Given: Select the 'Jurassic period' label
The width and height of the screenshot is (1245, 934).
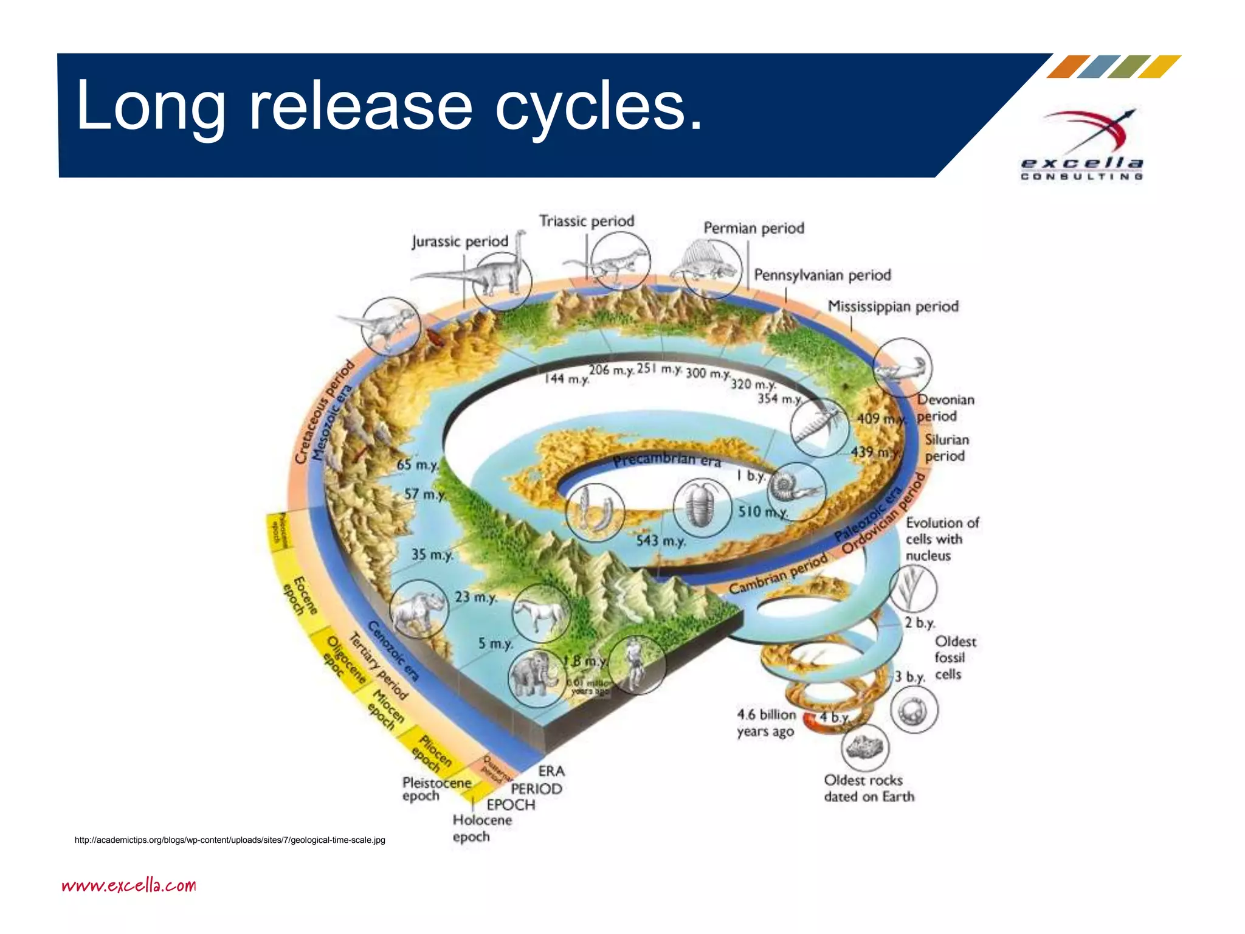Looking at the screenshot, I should click(460, 241).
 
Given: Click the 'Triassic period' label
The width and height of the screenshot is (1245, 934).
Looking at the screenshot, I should click(587, 221).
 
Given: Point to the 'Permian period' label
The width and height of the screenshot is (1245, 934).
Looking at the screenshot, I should click(754, 228).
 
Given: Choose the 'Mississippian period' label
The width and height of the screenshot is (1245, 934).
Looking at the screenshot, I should click(893, 306).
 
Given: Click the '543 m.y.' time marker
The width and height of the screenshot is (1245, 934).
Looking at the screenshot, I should click(661, 541).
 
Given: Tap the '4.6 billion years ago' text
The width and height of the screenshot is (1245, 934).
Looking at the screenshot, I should click(766, 723).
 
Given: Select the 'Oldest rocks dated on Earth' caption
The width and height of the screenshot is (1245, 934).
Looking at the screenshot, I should click(869, 788).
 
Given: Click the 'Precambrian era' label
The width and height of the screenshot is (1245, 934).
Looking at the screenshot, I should click(666, 460).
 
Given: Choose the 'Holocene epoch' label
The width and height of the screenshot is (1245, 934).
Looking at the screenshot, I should click(481, 828).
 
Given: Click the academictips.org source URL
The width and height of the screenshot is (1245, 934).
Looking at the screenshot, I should click(230, 840).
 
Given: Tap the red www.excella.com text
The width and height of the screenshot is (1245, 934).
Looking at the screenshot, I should click(129, 885).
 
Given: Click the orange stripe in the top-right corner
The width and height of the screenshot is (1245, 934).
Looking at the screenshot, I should click(1067, 67).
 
